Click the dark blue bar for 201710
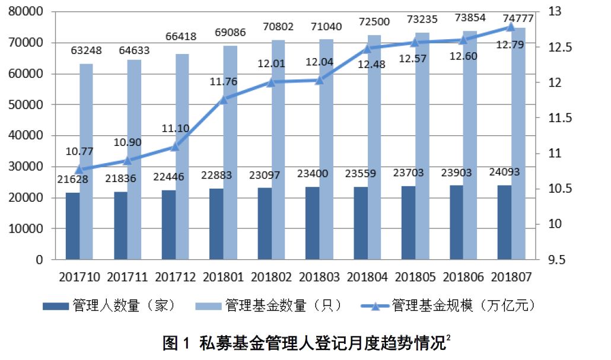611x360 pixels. click(72, 226)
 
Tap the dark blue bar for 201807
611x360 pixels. click(504, 222)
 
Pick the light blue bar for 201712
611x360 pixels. click(182, 157)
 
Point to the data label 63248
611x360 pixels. click(87, 51)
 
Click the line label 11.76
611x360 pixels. click(223, 82)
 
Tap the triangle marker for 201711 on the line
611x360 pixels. click(128, 160)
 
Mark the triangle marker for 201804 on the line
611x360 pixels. click(367, 49)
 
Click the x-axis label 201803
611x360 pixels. click(319, 277)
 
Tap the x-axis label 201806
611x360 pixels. click(463, 277)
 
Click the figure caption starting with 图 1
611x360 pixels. click(306, 343)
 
